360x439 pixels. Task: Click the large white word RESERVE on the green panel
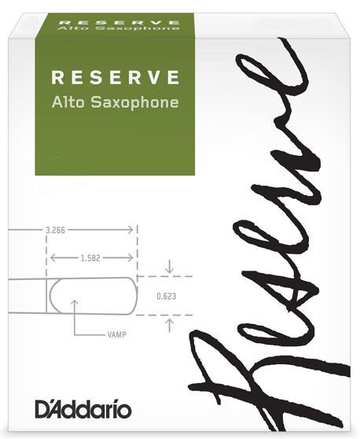coord(115,77)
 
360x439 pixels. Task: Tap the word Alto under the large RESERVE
coord(68,102)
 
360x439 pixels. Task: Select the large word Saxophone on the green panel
coord(135,103)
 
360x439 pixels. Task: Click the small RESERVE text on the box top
coord(119,22)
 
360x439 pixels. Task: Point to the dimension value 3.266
coord(55,231)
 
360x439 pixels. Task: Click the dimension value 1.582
coord(90,258)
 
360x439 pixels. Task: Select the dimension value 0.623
coord(167,297)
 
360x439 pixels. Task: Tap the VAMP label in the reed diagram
coord(116,334)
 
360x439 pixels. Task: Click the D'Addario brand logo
coord(83,410)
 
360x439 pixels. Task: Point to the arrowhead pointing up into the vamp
coord(75,302)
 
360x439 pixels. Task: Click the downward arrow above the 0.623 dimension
coord(170,267)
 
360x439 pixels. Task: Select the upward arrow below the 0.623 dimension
coord(170,326)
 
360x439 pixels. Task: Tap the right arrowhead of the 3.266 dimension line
coord(130,231)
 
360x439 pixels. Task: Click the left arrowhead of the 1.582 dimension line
coord(53,257)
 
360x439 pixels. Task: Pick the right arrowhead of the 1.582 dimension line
coord(130,257)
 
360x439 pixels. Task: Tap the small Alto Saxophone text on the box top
coord(119,28)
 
